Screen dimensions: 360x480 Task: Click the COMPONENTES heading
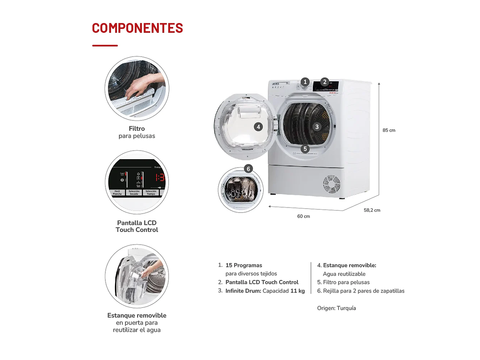[137, 28]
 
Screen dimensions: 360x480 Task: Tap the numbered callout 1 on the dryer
[305, 82]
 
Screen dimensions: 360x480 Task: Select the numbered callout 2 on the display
[325, 82]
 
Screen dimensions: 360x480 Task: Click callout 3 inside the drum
[317, 126]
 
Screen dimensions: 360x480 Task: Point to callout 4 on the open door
[258, 126]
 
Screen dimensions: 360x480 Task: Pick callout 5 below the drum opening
[305, 149]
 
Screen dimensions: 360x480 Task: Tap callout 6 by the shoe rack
[248, 169]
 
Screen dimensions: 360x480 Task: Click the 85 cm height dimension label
[389, 130]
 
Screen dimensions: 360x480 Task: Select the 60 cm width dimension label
[304, 216]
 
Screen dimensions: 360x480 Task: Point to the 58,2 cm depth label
[372, 210]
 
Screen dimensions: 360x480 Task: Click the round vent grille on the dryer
[331, 184]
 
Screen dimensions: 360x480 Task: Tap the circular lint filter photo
[137, 88]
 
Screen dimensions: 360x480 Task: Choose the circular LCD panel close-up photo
[137, 182]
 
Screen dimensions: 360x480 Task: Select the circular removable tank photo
[137, 276]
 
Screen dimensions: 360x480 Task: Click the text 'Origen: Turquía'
[336, 308]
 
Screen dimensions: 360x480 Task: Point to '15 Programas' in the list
[244, 265]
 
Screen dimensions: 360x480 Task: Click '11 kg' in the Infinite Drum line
[297, 291]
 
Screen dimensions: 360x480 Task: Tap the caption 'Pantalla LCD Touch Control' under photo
[137, 226]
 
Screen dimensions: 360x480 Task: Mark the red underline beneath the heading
[105, 45]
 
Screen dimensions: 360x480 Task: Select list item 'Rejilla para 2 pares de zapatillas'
[363, 291]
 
